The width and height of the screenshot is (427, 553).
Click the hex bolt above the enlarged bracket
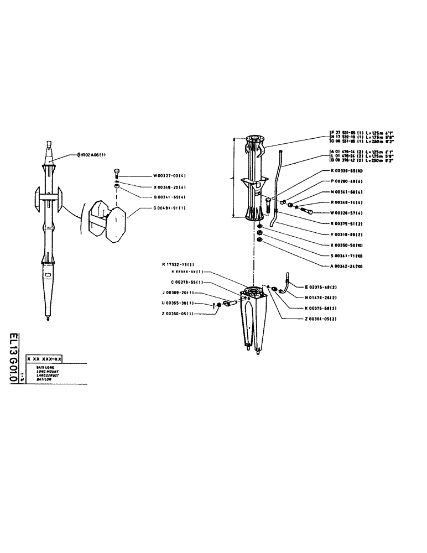coord(117,171)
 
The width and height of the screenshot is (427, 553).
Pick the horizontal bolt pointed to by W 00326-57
coord(306,212)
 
